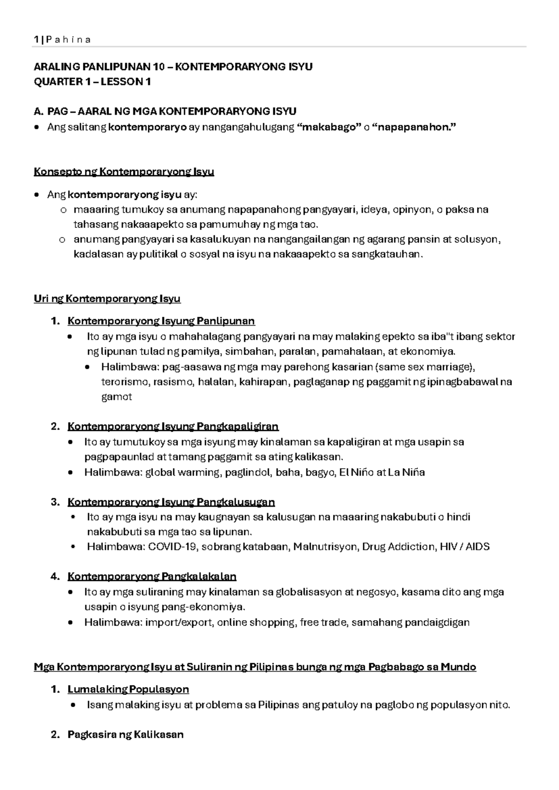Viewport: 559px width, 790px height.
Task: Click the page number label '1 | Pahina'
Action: click(62, 40)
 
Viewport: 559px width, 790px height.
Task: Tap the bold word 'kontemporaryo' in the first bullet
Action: click(147, 127)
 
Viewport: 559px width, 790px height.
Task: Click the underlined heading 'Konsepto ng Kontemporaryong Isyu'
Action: click(124, 172)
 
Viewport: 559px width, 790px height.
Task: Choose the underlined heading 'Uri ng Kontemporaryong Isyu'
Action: click(107, 299)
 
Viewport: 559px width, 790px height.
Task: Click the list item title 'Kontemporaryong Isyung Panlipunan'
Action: click(161, 321)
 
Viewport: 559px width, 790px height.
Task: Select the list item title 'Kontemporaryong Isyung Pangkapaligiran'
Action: click(173, 426)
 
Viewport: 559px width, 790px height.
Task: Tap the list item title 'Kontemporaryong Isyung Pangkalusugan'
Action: click(171, 502)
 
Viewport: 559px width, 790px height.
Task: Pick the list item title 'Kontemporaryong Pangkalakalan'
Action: click(152, 577)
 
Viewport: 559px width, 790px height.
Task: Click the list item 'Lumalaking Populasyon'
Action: click(128, 689)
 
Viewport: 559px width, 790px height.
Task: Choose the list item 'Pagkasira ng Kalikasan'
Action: click(125, 735)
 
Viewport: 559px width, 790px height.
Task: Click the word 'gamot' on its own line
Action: click(116, 397)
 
